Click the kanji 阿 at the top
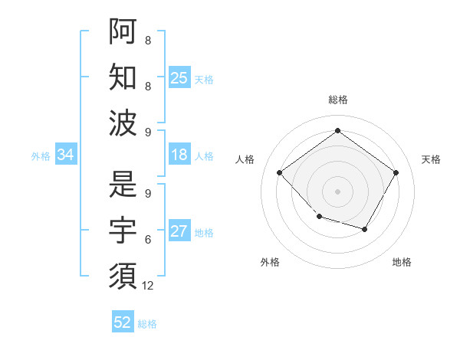click(123, 31)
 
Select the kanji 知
click(123, 77)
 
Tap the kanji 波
click(123, 123)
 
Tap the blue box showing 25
click(179, 77)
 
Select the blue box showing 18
click(179, 155)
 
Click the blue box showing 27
click(179, 231)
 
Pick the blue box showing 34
click(66, 155)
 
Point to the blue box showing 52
click(123, 322)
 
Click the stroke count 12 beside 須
click(148, 286)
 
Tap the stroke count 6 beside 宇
click(148, 240)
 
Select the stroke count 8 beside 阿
click(148, 41)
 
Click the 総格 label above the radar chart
click(337, 100)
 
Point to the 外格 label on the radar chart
click(270, 262)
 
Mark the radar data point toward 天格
click(396, 172)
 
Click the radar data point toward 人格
click(280, 172)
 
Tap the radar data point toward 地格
click(365, 229)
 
